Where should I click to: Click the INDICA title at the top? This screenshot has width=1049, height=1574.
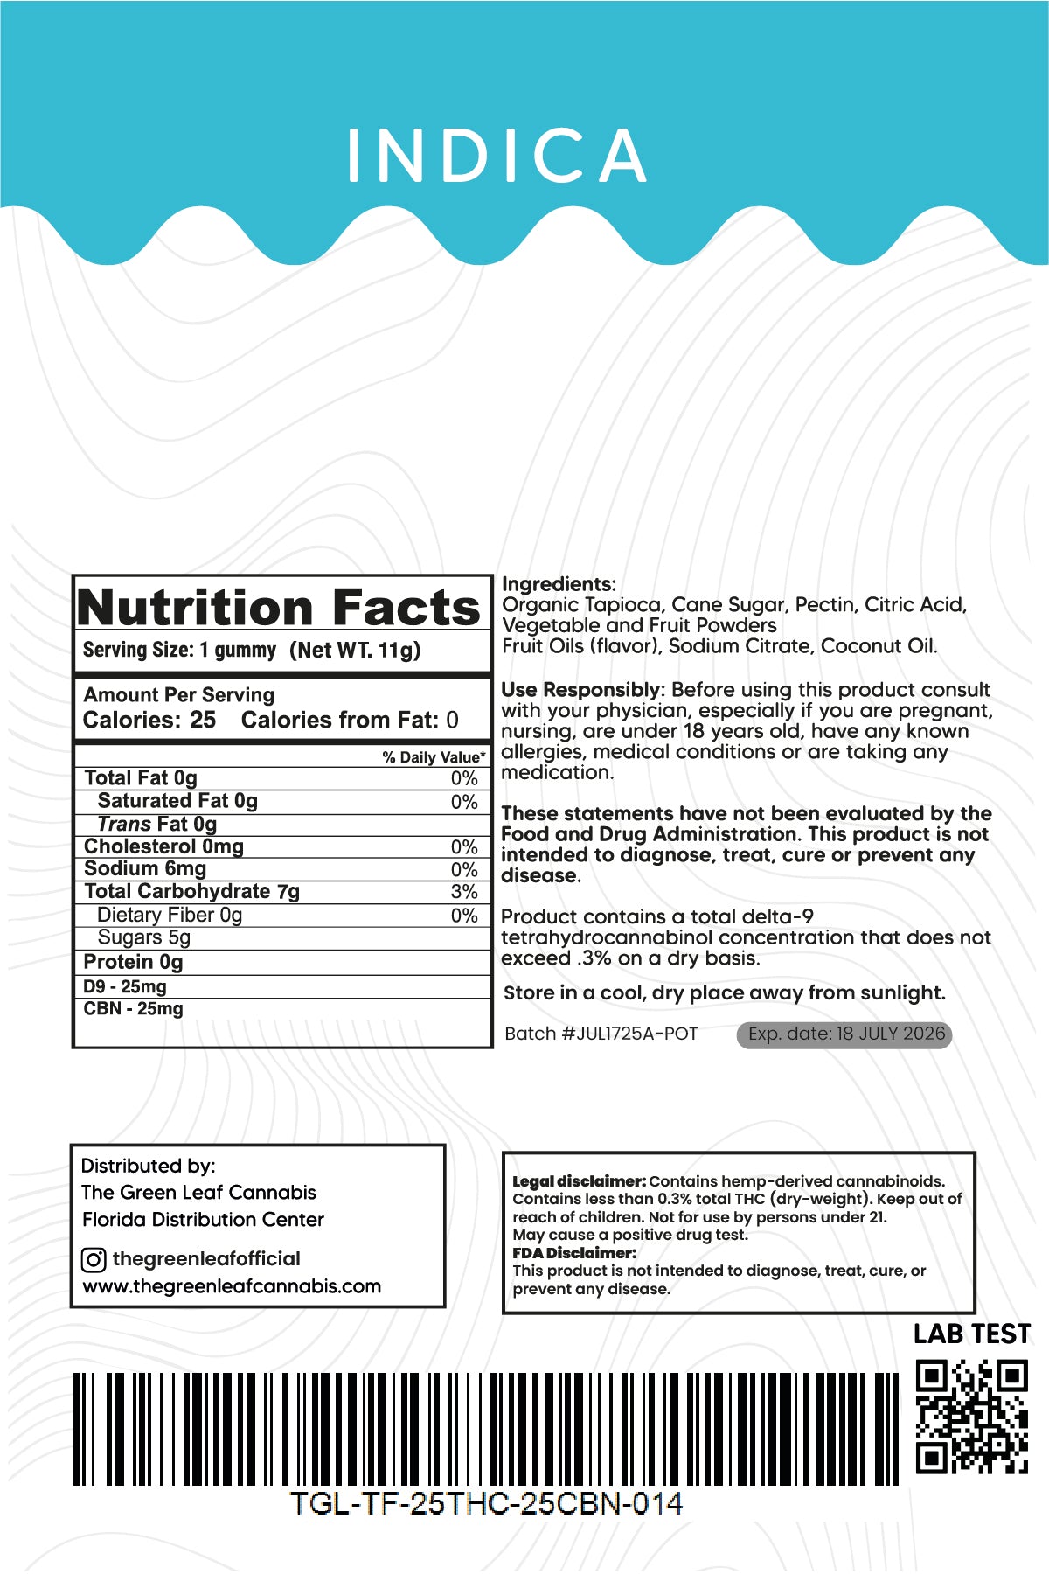[497, 157]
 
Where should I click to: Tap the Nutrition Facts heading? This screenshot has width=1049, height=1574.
[278, 607]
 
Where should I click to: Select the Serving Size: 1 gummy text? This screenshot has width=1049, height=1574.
[179, 651]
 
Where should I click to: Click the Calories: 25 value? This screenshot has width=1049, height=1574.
[149, 721]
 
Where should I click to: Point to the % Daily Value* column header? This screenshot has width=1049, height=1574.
[434, 757]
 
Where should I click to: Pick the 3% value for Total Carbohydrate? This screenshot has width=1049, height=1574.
[464, 892]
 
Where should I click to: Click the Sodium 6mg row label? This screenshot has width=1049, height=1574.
[145, 869]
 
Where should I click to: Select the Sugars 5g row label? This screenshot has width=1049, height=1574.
[144, 937]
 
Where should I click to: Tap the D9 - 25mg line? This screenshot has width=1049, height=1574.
[125, 986]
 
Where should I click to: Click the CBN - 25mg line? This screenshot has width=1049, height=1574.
[134, 1008]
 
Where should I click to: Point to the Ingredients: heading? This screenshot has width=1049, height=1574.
[559, 584]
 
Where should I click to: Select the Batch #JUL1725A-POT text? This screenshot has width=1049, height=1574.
[601, 1034]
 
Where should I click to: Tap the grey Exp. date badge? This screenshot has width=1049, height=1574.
[844, 1034]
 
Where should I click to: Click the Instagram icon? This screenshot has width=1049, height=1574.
[94, 1260]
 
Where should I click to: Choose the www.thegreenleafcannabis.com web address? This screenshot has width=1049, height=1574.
[232, 1286]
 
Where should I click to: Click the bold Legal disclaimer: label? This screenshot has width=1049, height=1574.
[579, 1181]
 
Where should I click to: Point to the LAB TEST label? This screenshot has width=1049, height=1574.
[971, 1334]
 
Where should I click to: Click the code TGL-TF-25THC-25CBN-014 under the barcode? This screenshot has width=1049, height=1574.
[486, 1504]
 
